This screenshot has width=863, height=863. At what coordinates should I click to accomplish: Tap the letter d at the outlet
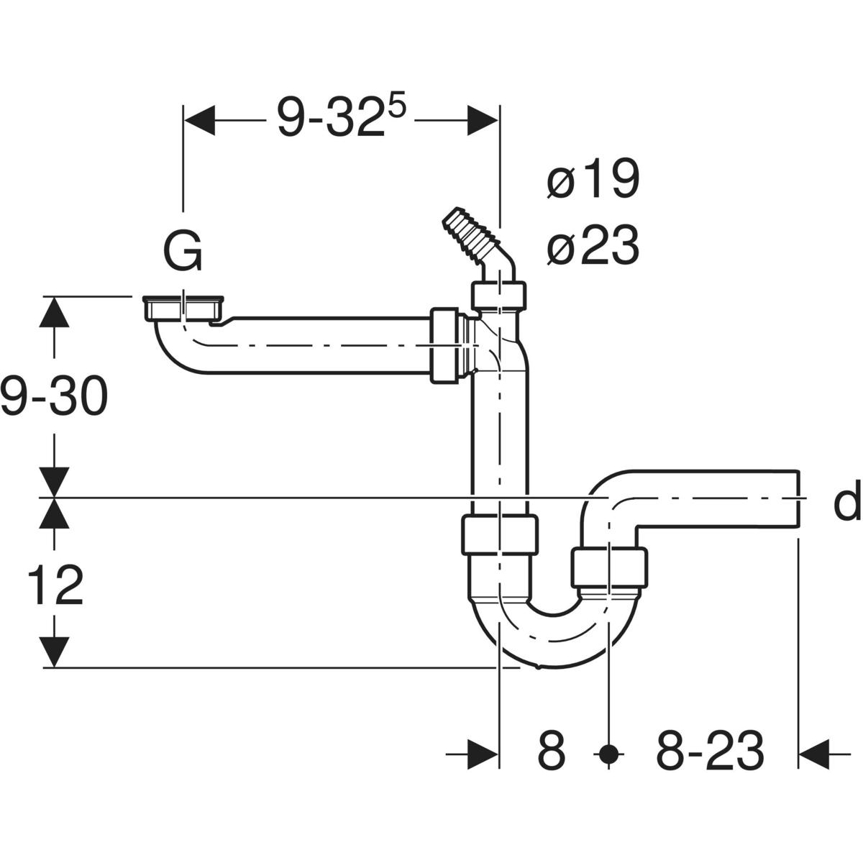(x=847, y=503)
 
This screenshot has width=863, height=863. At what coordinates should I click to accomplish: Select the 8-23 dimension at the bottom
(x=709, y=753)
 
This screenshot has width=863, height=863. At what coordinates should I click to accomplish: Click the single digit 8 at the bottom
(x=552, y=753)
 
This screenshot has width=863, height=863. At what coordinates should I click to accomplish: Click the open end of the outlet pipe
(x=798, y=497)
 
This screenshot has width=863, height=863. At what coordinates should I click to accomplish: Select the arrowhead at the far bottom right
(x=816, y=754)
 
